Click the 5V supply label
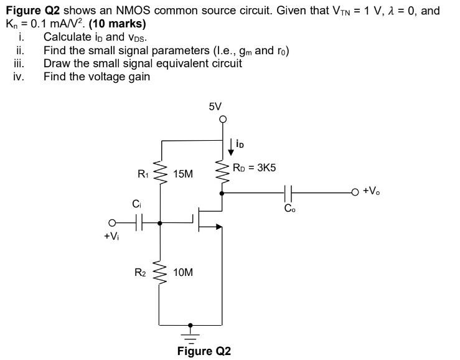pyautogui.click(x=215, y=107)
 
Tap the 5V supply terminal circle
pyautogui.click(x=222, y=120)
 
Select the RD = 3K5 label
pyautogui.click(x=254, y=168)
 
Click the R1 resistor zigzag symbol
pyautogui.click(x=161, y=174)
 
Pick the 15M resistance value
pyautogui.click(x=183, y=174)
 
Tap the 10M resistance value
pyautogui.click(x=183, y=273)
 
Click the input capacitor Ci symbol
pyautogui.click(x=138, y=222)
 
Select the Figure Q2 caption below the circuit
pyautogui.click(x=204, y=351)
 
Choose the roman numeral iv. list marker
pyautogui.click(x=19, y=77)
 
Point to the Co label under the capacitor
pyautogui.click(x=290, y=209)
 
